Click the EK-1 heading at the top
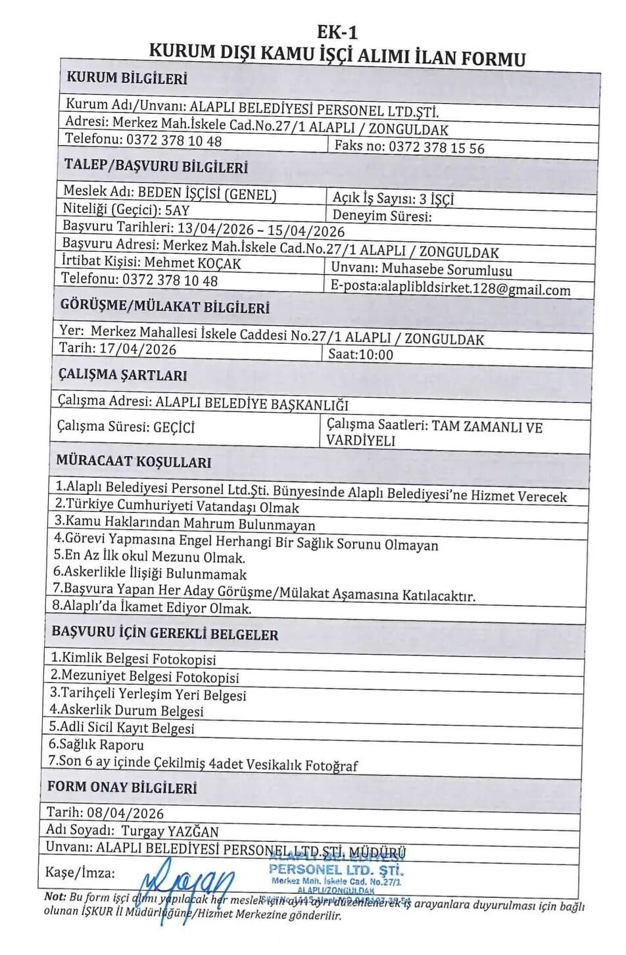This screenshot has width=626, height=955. click(337, 31)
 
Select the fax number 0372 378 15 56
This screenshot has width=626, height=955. click(436, 147)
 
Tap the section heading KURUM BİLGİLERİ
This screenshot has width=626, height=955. click(127, 78)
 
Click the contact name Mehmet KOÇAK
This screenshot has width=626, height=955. click(193, 263)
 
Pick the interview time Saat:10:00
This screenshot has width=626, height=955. click(360, 354)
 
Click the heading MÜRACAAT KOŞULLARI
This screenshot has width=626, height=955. click(133, 461)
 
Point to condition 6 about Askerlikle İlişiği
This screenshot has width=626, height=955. click(150, 572)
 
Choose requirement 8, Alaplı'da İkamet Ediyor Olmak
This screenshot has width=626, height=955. click(151, 607)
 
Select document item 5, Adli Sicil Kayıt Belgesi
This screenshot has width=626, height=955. click(122, 728)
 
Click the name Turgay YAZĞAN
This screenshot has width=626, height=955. click(170, 831)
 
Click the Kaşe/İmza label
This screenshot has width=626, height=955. click(80, 872)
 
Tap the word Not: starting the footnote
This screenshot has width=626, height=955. click(55, 897)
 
